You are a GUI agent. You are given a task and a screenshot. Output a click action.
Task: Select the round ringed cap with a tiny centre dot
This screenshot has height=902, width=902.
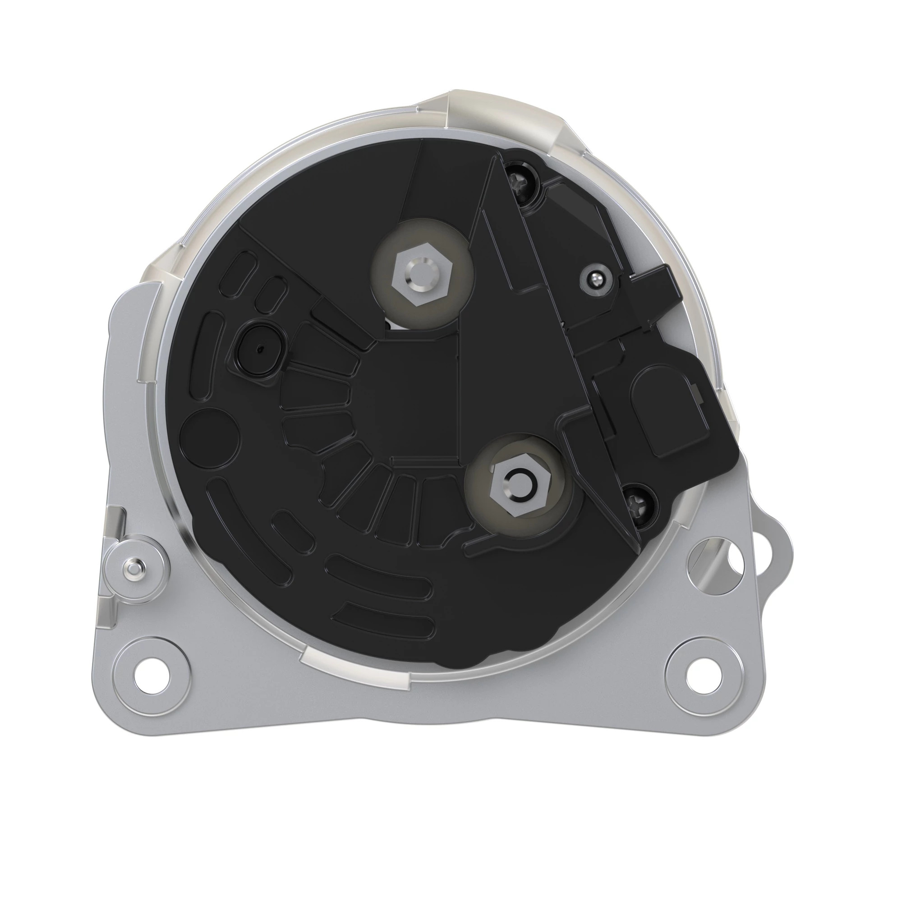tap(258, 349)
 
